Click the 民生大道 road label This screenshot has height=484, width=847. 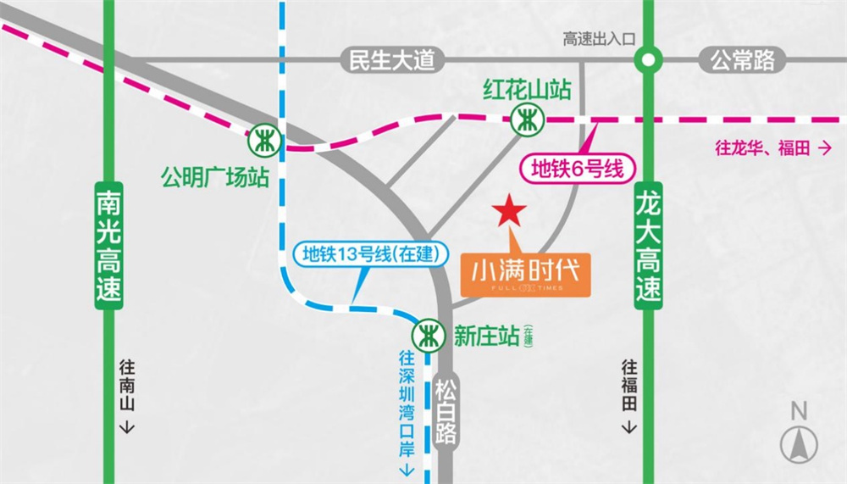coord(391,61)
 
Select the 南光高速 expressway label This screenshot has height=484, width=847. coord(108,247)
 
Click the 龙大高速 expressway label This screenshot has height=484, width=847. coord(648,247)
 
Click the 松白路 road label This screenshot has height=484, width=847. coord(446,412)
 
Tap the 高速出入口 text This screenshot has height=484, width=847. coord(599,38)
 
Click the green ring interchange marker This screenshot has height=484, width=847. coord(648,60)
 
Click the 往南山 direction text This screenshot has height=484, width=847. coord(126,395)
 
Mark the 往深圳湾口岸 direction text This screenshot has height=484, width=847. coord(407,412)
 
